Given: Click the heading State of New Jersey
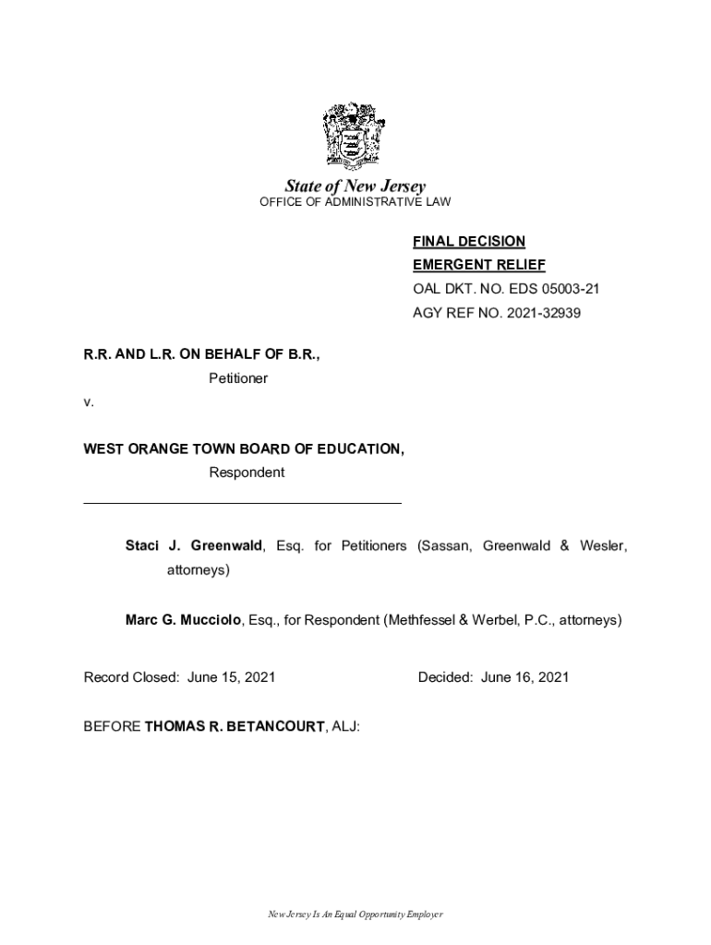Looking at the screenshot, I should point(355,186).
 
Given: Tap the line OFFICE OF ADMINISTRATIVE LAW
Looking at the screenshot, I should point(355,202).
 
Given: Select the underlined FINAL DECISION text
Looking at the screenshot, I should point(468,242).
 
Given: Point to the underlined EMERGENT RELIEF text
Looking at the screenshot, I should point(478,266).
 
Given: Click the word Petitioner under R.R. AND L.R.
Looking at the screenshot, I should point(238,378).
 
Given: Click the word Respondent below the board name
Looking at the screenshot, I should point(247,472).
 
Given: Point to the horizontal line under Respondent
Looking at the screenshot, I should point(242,503).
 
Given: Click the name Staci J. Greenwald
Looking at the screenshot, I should point(195,546).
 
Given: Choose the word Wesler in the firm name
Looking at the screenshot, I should point(602,546).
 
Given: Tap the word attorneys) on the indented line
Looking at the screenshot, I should point(198,570).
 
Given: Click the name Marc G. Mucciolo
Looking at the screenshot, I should point(185,620).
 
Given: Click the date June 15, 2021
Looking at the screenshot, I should point(231,677).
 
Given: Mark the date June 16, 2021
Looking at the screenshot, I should point(524,677).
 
